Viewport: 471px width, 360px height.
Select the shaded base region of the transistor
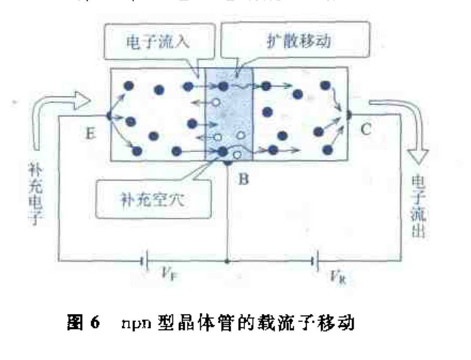click(x=229, y=114)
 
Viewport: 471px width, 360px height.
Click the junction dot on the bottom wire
click(x=228, y=262)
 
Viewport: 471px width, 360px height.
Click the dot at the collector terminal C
click(x=348, y=114)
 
